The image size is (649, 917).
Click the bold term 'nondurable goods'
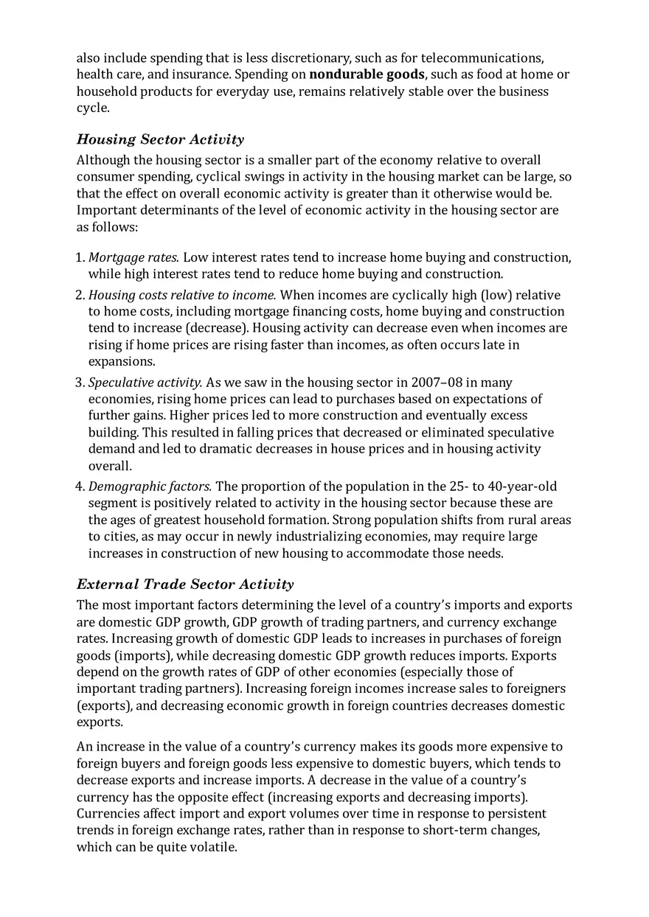pyautogui.click(x=367, y=74)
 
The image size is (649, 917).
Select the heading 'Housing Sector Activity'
pyautogui.click(x=160, y=139)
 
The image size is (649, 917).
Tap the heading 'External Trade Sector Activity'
pyautogui.click(x=185, y=585)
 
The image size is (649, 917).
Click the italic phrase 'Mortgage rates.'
pyautogui.click(x=133, y=257)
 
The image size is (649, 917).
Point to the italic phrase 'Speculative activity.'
pyautogui.click(x=145, y=383)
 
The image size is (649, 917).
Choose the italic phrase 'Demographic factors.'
pyautogui.click(x=150, y=487)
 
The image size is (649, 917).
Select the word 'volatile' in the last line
pyautogui.click(x=213, y=848)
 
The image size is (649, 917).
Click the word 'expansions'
pyautogui.click(x=121, y=361)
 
